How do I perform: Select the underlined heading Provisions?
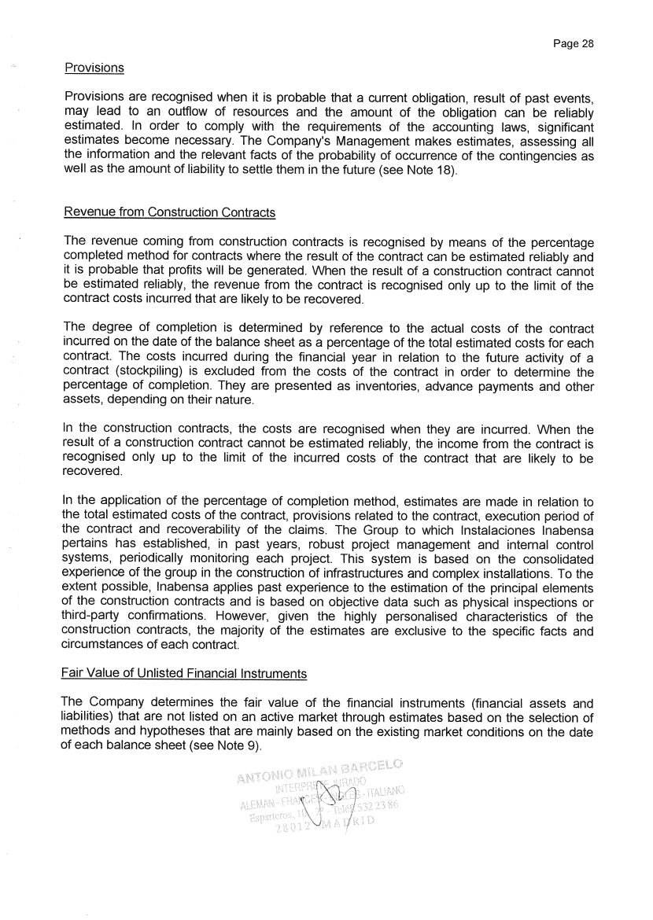tap(94, 68)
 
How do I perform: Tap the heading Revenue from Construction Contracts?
tap(169, 212)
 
